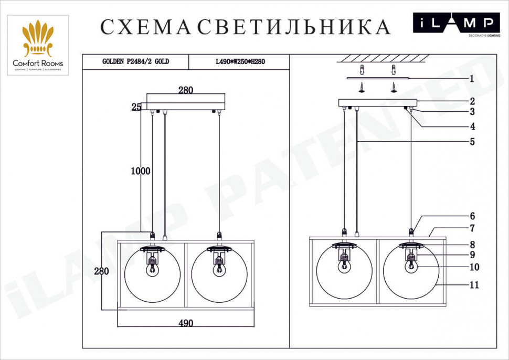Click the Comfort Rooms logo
[38, 45]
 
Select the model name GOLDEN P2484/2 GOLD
[135, 61]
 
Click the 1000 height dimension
[141, 171]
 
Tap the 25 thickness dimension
[136, 107]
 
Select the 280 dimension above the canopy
[185, 90]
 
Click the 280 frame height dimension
[102, 271]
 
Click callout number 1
[472, 79]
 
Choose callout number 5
[472, 142]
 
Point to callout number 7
[472, 228]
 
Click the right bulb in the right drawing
[411, 266]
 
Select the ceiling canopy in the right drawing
[378, 102]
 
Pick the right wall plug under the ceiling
[394, 69]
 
